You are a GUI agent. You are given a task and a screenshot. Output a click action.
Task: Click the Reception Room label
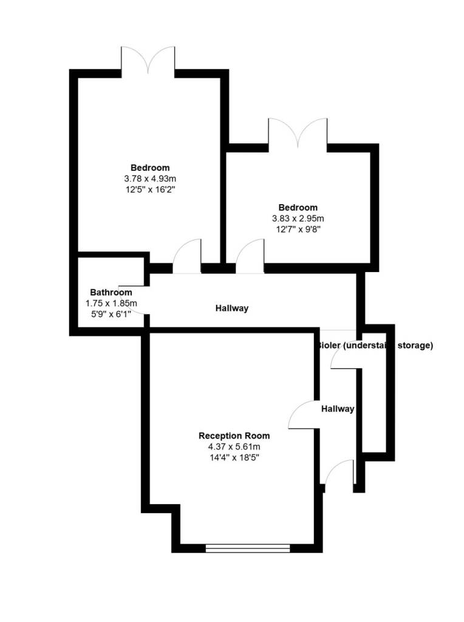tap(234, 436)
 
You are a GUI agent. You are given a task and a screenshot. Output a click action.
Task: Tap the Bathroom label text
tap(111, 292)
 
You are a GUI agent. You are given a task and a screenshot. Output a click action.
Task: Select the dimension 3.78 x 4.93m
tap(150, 179)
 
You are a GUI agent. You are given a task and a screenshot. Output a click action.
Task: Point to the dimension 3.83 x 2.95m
tap(298, 218)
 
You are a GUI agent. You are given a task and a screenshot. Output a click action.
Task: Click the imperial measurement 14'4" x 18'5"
tap(234, 458)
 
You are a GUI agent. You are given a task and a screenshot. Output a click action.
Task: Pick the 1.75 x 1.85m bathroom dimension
tap(111, 303)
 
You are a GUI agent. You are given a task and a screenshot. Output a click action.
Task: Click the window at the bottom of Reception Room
tap(248, 548)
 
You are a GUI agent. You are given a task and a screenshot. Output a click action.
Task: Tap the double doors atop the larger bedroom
tap(148, 61)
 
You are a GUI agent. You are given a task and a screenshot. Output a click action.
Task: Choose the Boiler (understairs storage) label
tap(375, 346)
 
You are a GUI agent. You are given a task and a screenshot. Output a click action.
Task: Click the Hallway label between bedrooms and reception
tap(232, 309)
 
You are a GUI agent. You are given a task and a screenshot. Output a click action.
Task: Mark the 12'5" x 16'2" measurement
tap(150, 190)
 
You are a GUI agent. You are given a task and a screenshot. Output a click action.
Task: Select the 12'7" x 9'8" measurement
tap(298, 229)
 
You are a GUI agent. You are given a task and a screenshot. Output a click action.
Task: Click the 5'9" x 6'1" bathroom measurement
tap(111, 314)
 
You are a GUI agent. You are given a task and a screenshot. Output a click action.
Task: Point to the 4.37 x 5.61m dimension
tap(234, 447)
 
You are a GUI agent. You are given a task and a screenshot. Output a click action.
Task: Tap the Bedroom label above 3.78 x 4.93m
tap(150, 168)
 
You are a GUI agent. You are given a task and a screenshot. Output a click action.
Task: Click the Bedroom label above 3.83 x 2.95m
tap(298, 207)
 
